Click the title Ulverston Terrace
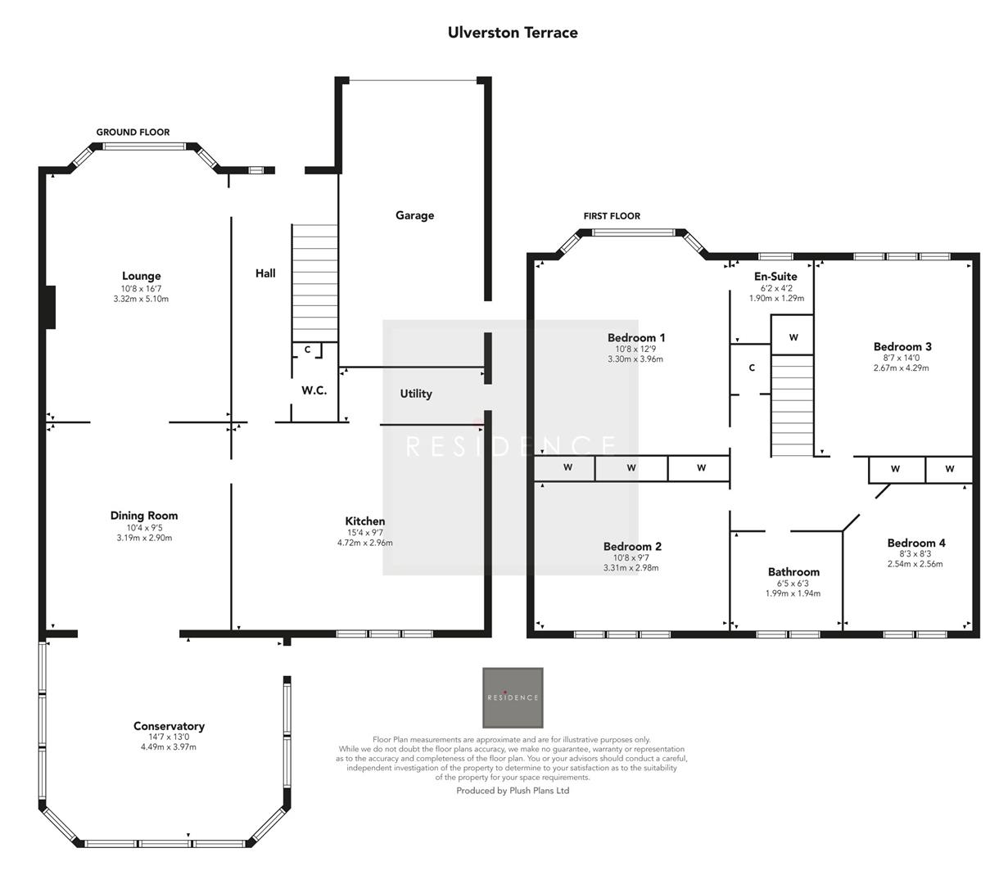click(x=513, y=33)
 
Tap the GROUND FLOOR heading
click(x=133, y=132)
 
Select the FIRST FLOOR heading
click(x=612, y=216)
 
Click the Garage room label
click(x=414, y=215)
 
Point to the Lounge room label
click(x=142, y=276)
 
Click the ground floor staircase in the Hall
click(x=315, y=282)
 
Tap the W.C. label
click(x=314, y=390)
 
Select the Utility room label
click(x=416, y=394)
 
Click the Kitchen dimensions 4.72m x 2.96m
click(x=364, y=543)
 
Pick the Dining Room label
click(x=144, y=516)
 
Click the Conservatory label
click(x=169, y=726)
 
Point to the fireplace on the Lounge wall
click(x=50, y=307)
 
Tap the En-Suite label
click(x=775, y=277)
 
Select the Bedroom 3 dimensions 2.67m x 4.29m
click(x=901, y=368)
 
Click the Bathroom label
click(x=793, y=572)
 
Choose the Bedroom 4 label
click(x=916, y=543)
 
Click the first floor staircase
click(x=792, y=405)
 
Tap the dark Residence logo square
click(x=513, y=697)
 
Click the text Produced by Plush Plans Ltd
click(x=513, y=791)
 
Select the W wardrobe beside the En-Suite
click(x=793, y=337)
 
